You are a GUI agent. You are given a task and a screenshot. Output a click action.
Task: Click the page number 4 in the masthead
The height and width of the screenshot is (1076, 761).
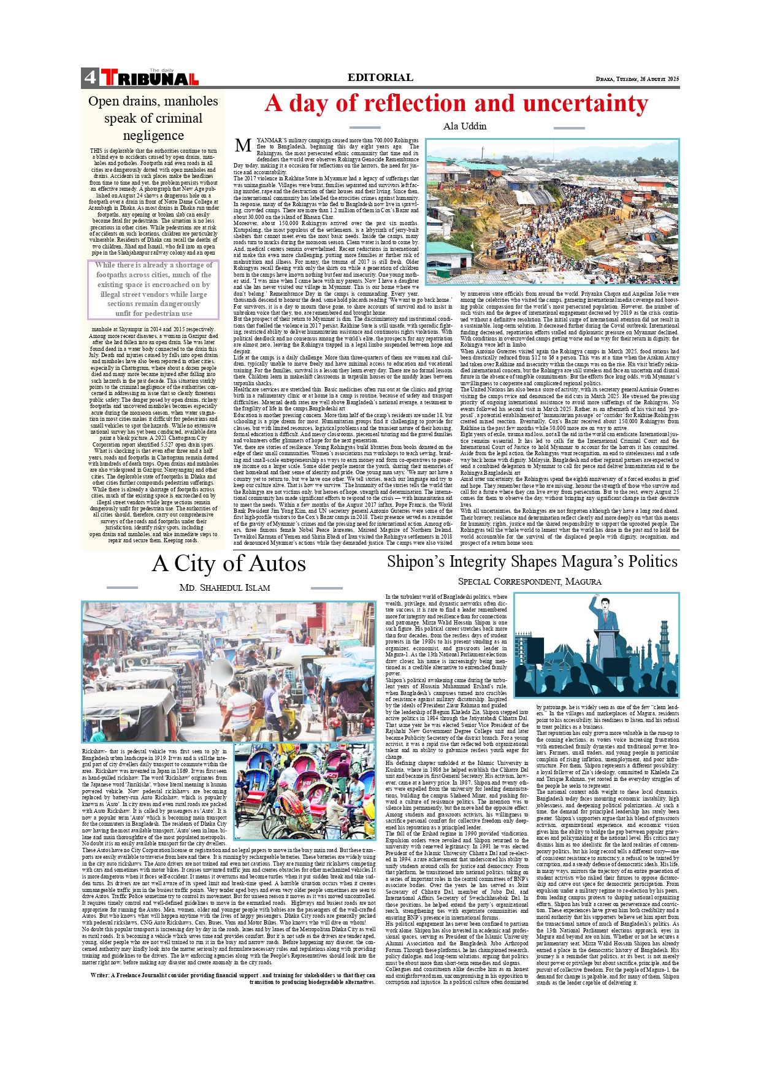point(90,78)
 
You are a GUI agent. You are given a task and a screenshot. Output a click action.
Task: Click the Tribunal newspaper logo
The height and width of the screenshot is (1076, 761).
point(150,78)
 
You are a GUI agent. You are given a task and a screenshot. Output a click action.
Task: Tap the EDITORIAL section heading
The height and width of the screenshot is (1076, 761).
point(380,77)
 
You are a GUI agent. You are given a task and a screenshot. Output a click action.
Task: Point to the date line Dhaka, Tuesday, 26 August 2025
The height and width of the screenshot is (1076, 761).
point(637,79)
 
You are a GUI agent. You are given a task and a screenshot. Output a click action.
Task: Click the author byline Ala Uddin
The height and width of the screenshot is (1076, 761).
point(464,126)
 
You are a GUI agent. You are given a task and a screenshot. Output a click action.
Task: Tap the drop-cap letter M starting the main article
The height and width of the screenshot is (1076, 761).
point(243,145)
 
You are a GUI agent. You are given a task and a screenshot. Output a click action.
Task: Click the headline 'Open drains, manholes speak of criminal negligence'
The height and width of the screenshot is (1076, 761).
point(153,118)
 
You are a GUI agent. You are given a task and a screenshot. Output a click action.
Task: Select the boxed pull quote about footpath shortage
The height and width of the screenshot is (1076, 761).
point(153,289)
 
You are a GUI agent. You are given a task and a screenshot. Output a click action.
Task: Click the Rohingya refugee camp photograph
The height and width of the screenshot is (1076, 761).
point(553,212)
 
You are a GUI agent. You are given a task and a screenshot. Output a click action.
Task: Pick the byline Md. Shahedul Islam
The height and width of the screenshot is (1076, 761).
point(224,588)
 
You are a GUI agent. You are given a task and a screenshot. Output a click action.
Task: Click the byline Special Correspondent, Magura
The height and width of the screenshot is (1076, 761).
point(530,582)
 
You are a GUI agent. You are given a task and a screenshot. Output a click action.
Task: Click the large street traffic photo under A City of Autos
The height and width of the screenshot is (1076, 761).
point(228,671)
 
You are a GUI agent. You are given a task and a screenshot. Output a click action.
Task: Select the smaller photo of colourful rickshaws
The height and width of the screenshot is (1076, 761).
point(304,791)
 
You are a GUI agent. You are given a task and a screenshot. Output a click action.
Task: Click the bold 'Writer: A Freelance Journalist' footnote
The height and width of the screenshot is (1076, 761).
point(232,978)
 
